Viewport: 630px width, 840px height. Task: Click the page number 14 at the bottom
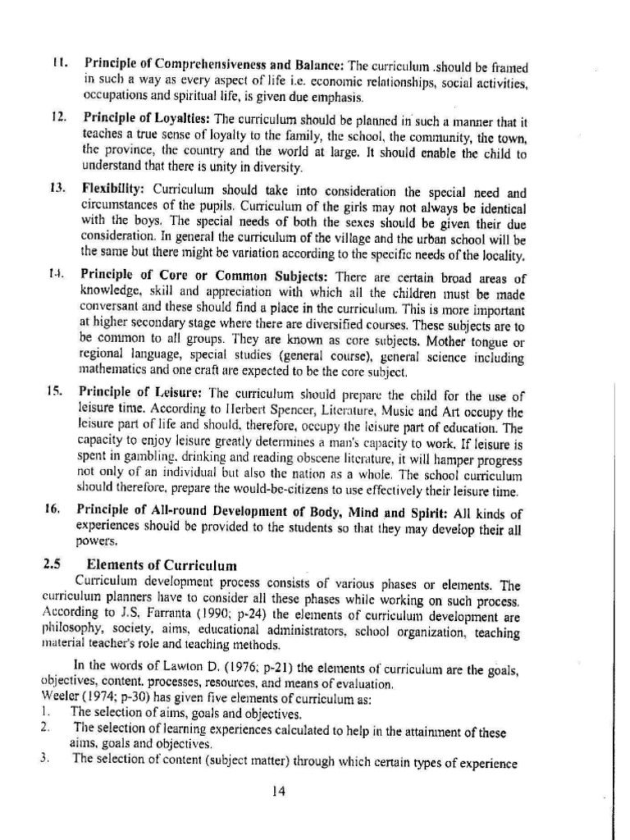(279, 792)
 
